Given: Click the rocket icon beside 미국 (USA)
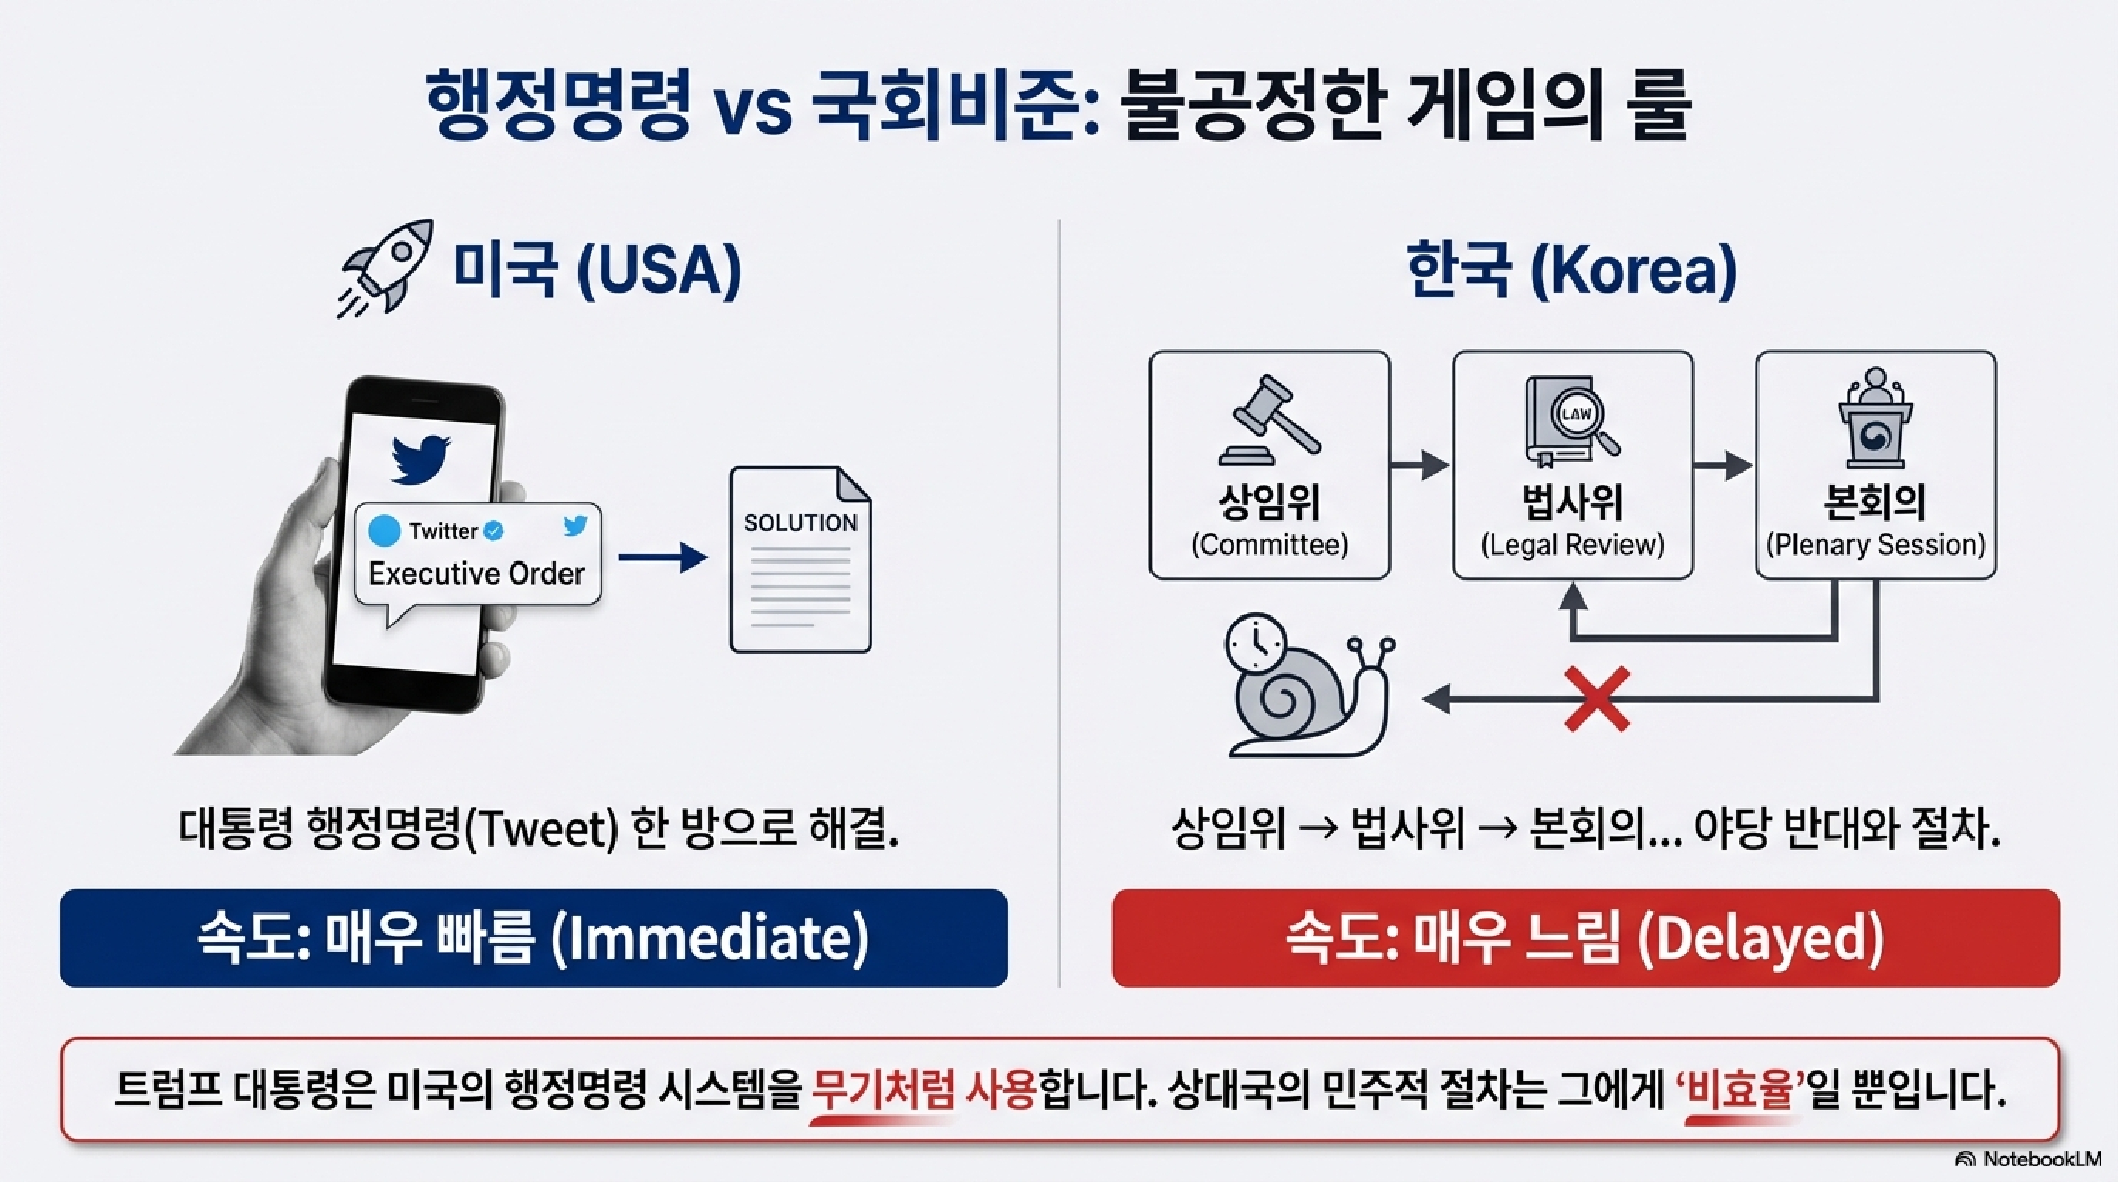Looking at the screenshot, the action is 385,268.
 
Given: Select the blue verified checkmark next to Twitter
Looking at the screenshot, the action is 493,531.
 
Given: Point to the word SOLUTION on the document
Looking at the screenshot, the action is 800,523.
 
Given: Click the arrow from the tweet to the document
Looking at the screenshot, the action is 663,558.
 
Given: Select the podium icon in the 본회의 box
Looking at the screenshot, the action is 1876,418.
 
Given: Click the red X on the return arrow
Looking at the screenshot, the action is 1596,700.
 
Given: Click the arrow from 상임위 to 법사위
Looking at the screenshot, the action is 1419,465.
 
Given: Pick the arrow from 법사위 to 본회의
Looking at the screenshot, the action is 1723,465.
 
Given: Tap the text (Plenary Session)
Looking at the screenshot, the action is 1876,544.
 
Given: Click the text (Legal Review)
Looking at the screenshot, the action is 1572,544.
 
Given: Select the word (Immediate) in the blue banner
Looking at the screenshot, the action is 708,939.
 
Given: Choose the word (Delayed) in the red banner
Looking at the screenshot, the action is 1760,939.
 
